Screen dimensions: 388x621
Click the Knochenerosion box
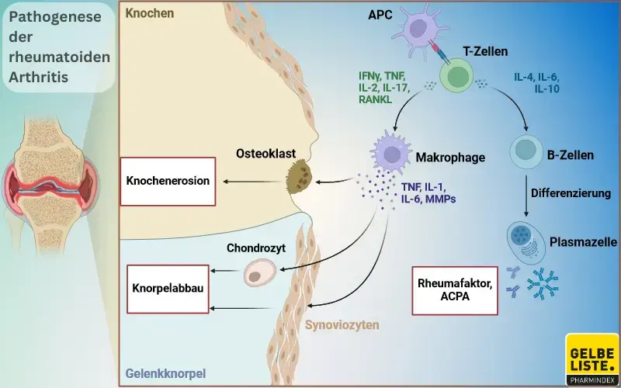point(168,182)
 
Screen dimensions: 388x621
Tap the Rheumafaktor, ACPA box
point(454,289)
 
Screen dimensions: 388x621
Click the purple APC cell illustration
point(420,33)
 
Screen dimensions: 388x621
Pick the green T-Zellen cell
point(456,78)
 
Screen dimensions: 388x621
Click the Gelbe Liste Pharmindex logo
point(592,359)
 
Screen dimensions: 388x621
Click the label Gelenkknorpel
point(165,373)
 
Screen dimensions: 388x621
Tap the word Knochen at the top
point(150,14)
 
